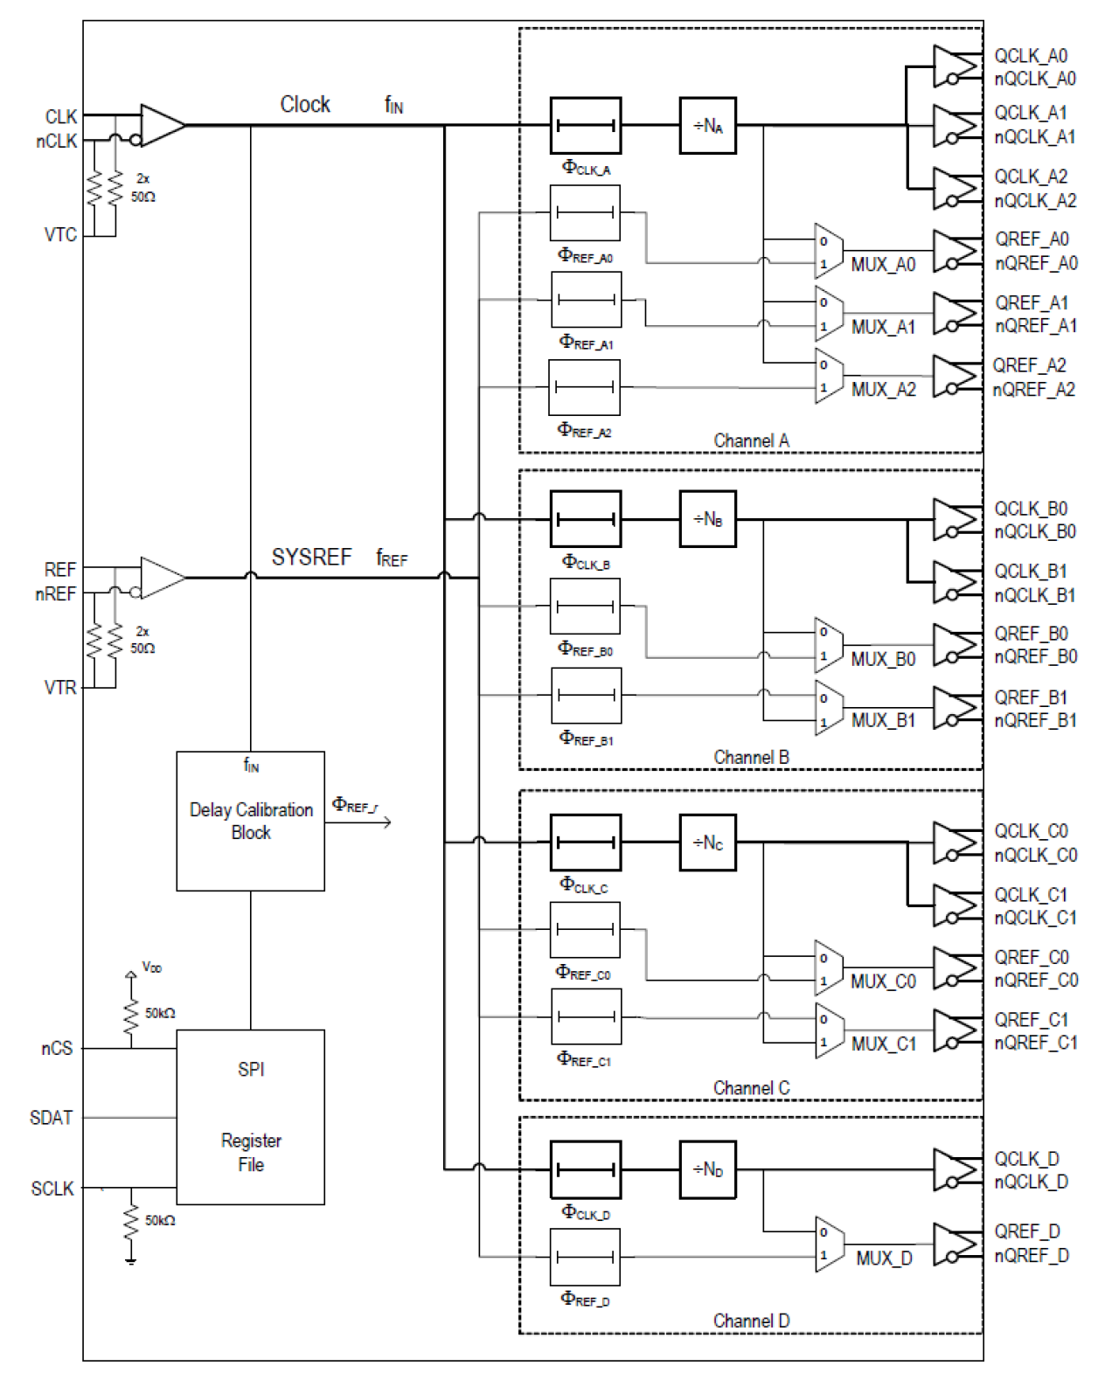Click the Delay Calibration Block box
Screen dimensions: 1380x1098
pos(250,821)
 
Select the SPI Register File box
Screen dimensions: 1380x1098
pos(250,1116)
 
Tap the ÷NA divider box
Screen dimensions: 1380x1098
pos(707,126)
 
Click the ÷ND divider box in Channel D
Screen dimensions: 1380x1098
pos(707,1168)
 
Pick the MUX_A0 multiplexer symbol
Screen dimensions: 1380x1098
pos(828,252)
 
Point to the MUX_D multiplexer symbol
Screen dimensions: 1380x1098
pos(828,1243)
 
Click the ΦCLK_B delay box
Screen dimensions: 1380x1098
pos(585,519)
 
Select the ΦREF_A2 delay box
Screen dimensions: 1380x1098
pos(584,387)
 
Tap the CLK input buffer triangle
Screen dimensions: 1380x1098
pos(161,126)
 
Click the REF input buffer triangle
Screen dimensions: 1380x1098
pos(161,578)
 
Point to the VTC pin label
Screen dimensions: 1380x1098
pos(60,235)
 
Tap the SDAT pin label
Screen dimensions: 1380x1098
pos(51,1118)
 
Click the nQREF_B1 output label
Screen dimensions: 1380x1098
pos(1035,721)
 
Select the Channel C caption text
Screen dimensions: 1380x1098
pos(751,1088)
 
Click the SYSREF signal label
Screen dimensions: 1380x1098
pos(311,558)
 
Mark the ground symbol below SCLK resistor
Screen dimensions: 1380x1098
pos(130,1259)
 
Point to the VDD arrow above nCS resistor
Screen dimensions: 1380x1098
pos(131,975)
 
